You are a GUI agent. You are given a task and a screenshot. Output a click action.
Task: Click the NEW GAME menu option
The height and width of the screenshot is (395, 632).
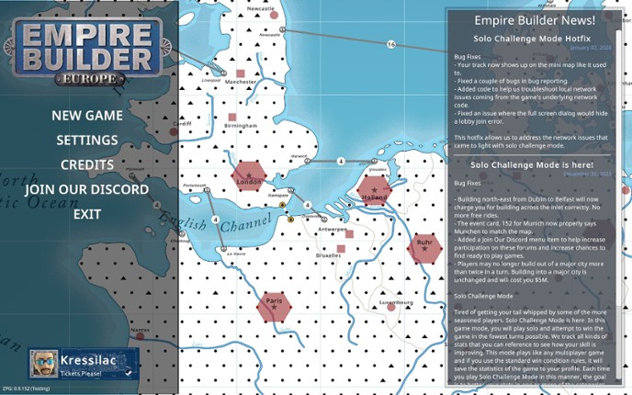point(87,116)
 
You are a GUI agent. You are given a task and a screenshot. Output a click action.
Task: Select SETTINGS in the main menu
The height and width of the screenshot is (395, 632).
point(87,141)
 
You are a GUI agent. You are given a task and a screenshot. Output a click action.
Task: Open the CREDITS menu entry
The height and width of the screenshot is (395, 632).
point(87,165)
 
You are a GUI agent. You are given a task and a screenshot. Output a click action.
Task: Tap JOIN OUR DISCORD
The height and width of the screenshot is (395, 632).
point(87,190)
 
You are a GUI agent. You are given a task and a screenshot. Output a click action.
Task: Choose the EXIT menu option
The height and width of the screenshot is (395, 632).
point(87,214)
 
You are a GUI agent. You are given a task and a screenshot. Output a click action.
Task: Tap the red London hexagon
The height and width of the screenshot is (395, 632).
point(249,176)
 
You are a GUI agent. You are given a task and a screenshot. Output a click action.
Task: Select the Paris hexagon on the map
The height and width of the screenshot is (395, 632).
point(274,306)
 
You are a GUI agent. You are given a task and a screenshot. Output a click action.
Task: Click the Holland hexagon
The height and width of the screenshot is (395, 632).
point(375,191)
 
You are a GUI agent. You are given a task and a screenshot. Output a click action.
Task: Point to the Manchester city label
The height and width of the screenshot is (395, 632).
point(241,82)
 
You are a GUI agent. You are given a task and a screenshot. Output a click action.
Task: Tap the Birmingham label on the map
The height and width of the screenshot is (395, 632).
point(241,126)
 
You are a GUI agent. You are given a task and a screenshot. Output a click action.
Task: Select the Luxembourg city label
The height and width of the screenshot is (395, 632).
point(396,301)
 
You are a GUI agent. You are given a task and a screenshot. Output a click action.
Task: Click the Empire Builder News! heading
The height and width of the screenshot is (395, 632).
point(535,20)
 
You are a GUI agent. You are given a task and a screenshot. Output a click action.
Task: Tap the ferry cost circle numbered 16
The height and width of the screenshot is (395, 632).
point(391,44)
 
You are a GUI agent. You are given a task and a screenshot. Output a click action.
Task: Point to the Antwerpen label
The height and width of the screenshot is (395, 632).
point(332,230)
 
